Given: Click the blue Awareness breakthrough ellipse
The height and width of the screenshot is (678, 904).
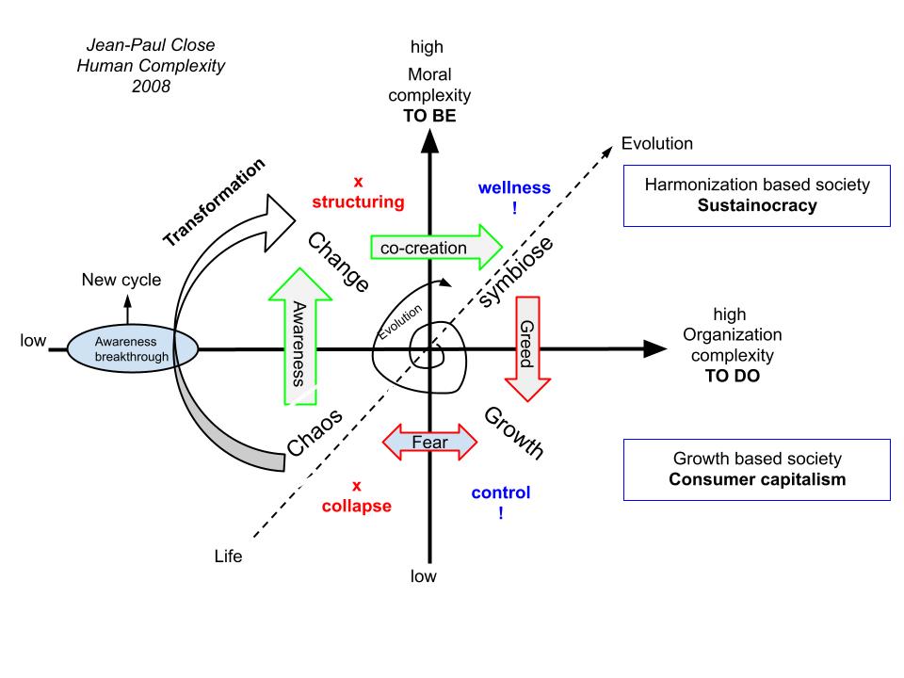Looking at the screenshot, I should click(x=131, y=349).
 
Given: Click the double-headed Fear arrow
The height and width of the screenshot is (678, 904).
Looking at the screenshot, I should click(x=430, y=442).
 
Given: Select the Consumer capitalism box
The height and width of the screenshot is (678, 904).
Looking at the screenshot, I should click(x=757, y=469).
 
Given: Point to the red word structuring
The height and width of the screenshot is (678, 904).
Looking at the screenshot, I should click(x=358, y=202).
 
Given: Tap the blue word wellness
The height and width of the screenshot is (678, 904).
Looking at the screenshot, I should click(x=514, y=187).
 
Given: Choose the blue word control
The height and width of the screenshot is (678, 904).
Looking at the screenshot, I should click(x=500, y=492).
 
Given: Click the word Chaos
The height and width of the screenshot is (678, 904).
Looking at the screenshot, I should click(x=313, y=431).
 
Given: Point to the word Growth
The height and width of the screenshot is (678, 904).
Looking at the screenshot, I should click(x=514, y=433).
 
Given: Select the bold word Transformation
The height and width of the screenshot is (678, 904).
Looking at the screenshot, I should click(x=215, y=202).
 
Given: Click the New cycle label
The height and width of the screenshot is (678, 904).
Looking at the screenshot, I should click(x=121, y=280).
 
